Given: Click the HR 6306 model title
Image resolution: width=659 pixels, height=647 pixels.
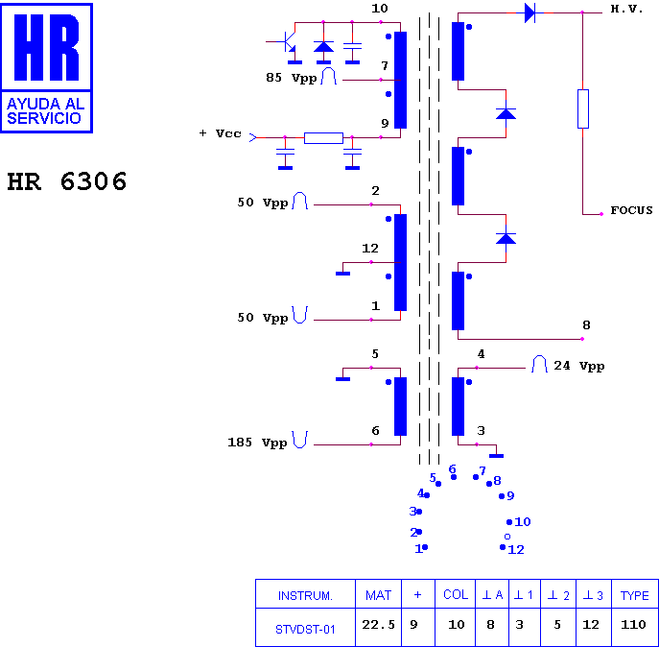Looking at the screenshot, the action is click(67, 181).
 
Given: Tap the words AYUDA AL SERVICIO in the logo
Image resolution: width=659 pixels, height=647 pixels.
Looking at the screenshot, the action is click(46, 111).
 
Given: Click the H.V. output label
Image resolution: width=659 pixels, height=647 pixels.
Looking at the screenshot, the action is click(626, 10).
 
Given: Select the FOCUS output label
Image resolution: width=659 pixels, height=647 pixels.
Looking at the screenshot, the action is click(631, 210).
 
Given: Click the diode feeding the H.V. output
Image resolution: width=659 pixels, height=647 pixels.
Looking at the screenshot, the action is click(530, 12).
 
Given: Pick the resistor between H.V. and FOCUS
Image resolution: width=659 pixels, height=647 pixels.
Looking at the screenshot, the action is click(583, 108).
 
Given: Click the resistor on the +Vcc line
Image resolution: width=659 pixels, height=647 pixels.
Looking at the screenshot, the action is click(323, 138).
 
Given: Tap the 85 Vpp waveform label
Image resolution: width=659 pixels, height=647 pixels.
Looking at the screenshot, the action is click(292, 78).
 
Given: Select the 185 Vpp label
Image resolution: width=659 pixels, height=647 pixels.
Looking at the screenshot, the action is click(257, 443).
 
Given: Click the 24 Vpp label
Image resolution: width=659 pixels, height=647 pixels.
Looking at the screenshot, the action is click(579, 366).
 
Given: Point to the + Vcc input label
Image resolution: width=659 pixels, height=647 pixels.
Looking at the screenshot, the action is click(221, 133).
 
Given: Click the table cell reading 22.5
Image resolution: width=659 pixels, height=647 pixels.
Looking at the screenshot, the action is click(378, 625).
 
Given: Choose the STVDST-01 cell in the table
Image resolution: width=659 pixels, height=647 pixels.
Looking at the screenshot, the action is click(305, 630).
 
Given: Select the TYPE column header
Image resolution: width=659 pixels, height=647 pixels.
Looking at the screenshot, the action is click(635, 596).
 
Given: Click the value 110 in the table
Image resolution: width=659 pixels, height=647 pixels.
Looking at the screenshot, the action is click(633, 625).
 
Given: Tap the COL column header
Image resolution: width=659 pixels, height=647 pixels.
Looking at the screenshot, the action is click(456, 594).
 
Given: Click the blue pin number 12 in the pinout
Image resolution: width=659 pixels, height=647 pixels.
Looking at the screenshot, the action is click(516, 549).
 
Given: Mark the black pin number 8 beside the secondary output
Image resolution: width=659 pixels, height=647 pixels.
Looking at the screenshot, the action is click(586, 324).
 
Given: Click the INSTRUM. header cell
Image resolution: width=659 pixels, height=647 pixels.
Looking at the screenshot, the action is click(305, 596).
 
